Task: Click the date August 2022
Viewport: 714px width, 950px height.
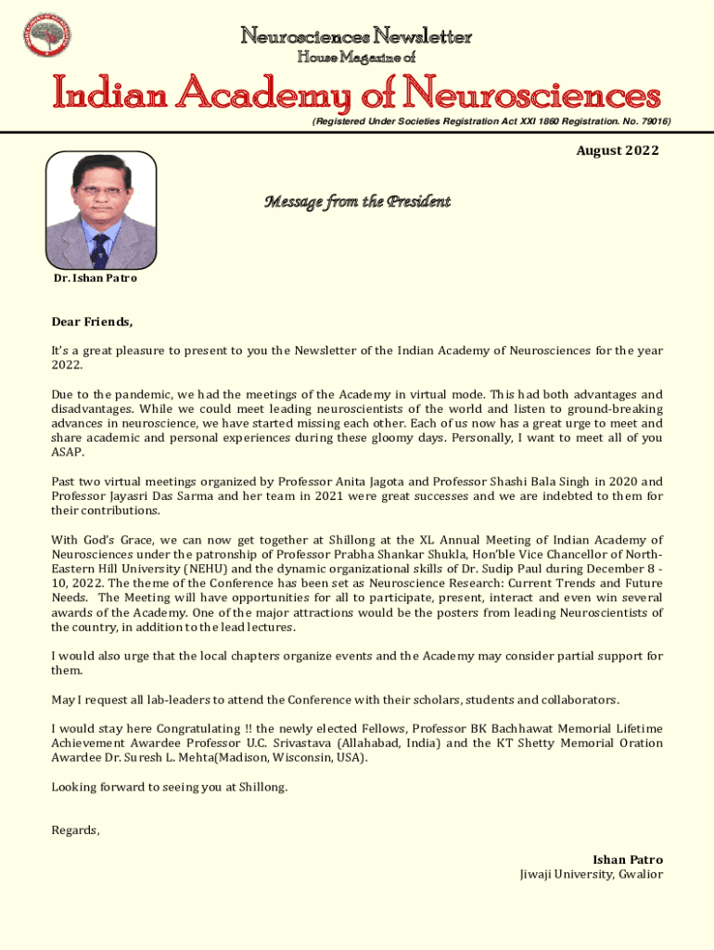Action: point(618,150)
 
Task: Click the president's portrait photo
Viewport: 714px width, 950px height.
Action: point(101,210)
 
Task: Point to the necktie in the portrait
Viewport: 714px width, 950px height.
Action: point(100,249)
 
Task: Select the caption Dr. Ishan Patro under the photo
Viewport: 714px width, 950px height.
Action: point(95,278)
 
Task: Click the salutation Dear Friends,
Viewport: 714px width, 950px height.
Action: point(92,323)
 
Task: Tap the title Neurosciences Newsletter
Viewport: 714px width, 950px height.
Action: point(357,36)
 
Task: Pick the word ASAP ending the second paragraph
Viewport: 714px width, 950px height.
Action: point(65,452)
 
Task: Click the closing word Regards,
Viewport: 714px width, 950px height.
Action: point(75,830)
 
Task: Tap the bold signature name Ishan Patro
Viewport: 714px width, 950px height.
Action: point(628,860)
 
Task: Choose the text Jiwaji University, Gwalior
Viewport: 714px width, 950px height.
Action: point(592,874)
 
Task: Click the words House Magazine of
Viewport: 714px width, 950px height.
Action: point(356,58)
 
